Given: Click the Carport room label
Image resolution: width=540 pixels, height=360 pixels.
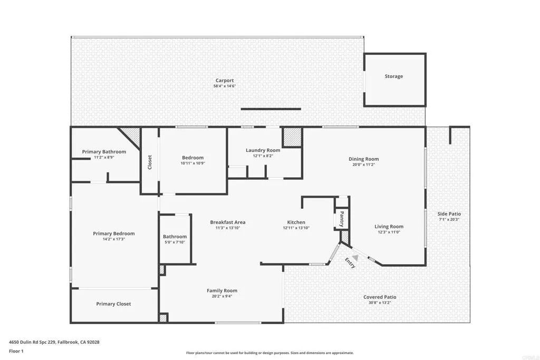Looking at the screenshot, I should (x=224, y=81).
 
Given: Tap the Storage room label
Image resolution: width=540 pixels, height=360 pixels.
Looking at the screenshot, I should (x=393, y=76).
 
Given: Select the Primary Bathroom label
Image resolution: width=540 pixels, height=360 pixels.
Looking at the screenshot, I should (x=104, y=152).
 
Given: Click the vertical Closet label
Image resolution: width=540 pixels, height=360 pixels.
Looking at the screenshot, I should (x=150, y=161).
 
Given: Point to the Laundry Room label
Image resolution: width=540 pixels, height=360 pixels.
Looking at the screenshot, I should (x=263, y=150).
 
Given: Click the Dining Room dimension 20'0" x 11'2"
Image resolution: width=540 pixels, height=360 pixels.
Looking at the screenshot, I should (x=363, y=164).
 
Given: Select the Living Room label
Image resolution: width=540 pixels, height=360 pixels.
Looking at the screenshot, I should (x=389, y=227).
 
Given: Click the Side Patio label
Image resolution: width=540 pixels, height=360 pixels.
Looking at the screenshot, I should (x=449, y=213).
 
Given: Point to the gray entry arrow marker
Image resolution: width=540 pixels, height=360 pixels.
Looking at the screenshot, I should (x=355, y=257).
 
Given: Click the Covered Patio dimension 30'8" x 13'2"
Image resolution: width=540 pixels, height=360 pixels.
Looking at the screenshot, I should (x=380, y=303).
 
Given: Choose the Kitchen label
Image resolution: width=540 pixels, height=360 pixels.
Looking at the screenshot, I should (x=296, y=222).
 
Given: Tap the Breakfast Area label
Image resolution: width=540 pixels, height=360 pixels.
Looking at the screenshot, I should (x=227, y=222).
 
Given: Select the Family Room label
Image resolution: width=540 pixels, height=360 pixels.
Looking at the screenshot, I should (x=221, y=290).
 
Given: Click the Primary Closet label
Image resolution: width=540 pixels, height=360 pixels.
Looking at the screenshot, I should (x=113, y=304).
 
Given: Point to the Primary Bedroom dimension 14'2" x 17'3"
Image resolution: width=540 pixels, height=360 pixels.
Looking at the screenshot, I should (x=113, y=239).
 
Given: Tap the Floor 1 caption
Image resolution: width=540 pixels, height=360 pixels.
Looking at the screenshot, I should (x=16, y=351).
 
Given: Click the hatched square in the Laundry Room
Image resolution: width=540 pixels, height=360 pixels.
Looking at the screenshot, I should (x=292, y=137).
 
